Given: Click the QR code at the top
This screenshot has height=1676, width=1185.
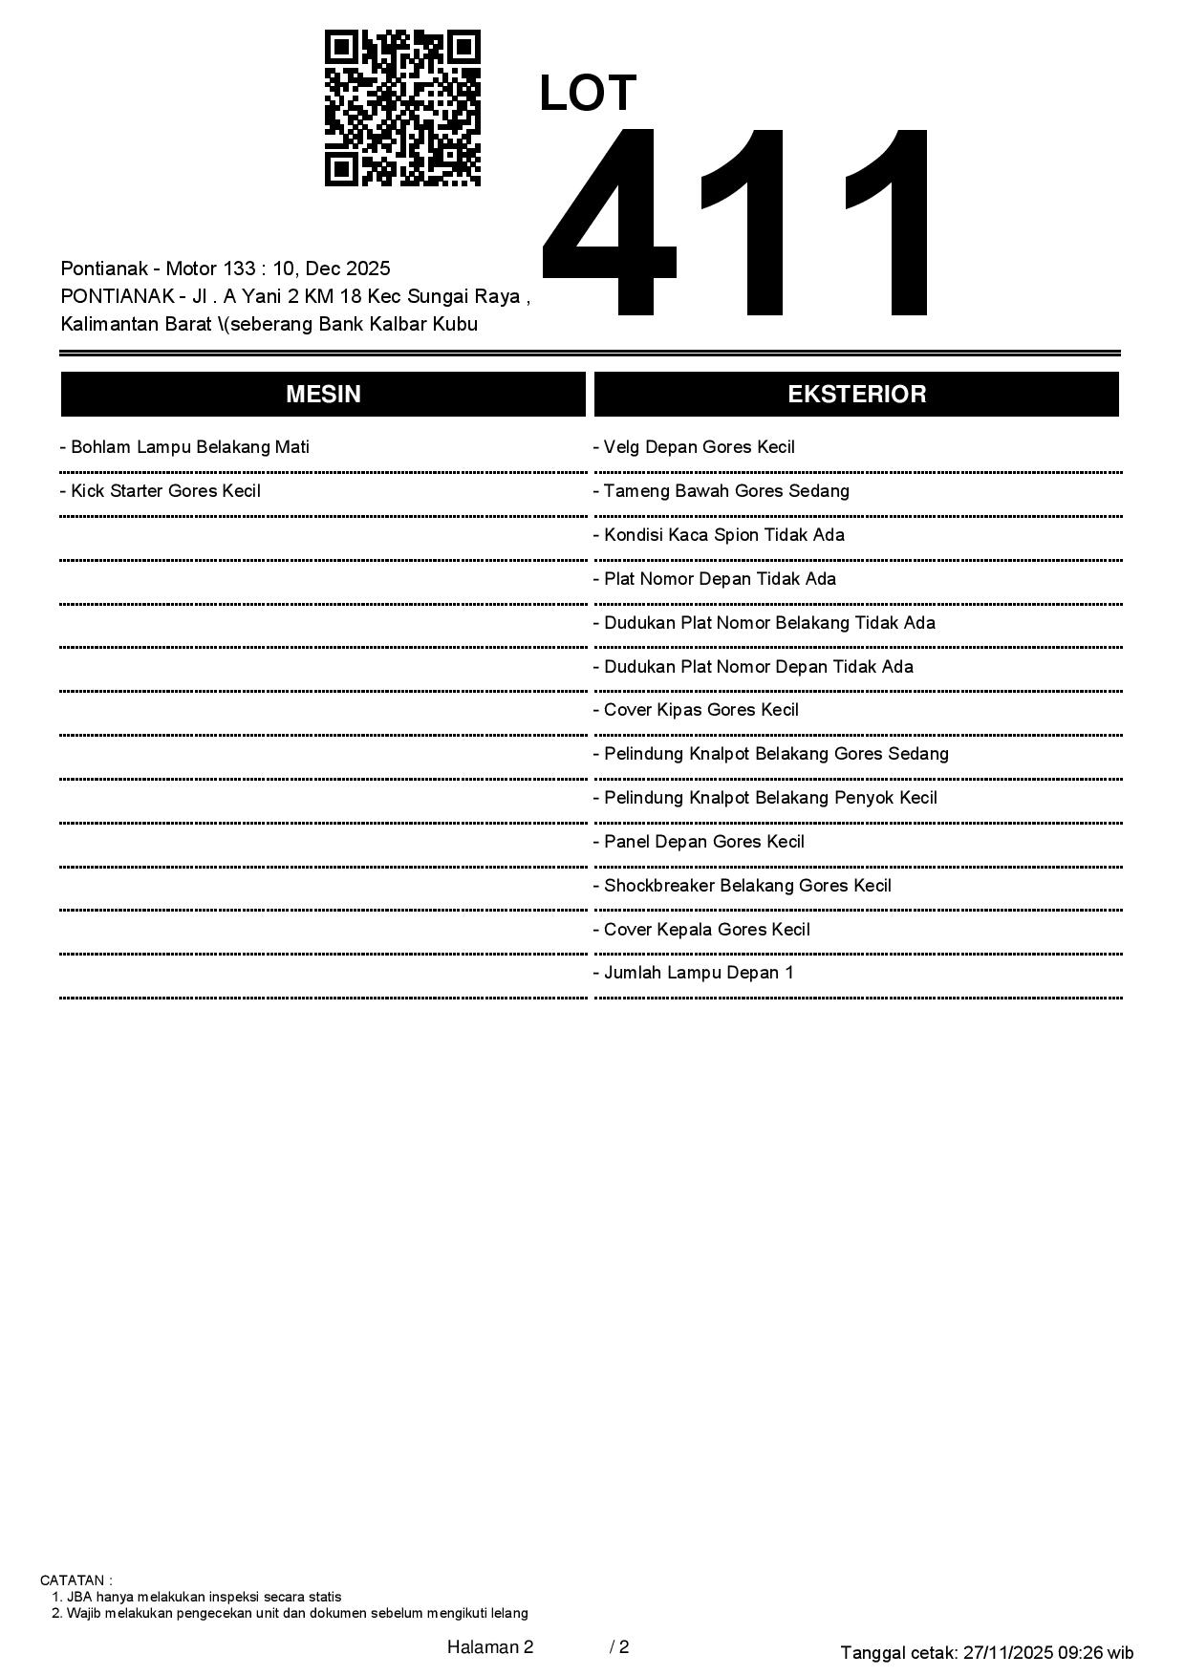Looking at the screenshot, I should [402, 108].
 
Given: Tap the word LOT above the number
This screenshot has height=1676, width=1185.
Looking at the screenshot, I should [587, 94].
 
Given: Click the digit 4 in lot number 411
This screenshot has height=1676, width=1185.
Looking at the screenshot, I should [610, 222].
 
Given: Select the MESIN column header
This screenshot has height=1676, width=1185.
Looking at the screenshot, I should [323, 395].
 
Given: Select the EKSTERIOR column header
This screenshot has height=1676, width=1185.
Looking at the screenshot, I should [856, 395].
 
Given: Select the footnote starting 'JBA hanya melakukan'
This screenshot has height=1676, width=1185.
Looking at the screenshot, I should [204, 1597].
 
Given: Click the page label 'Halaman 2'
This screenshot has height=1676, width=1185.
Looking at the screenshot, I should [490, 1646].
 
